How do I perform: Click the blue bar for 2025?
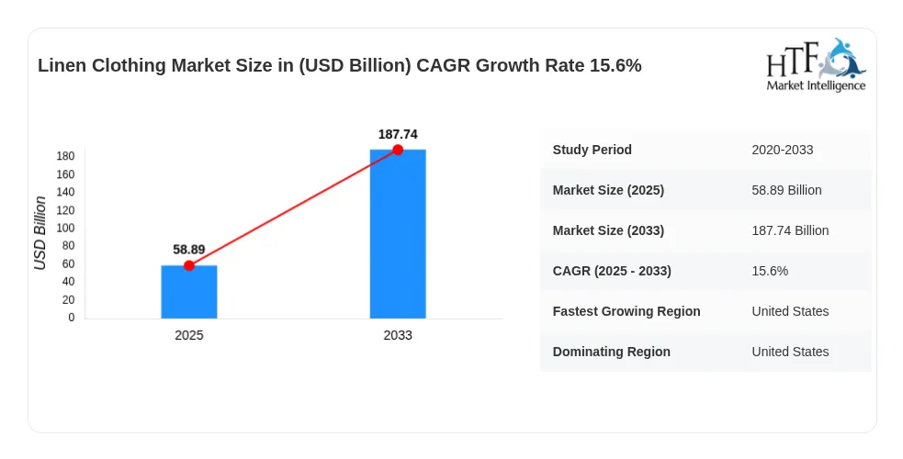click(x=189, y=292)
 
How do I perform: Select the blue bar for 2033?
click(x=398, y=233)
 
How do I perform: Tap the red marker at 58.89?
click(x=189, y=265)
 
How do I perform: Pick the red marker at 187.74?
click(x=398, y=150)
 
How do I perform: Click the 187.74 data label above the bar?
click(x=398, y=134)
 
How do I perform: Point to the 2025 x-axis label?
click(x=189, y=335)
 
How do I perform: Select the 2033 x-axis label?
click(x=398, y=335)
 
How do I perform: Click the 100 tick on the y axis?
click(x=65, y=228)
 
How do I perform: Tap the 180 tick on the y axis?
click(x=65, y=156)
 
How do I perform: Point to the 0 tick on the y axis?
click(x=72, y=318)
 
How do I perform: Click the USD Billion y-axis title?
click(x=40, y=233)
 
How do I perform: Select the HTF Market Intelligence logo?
click(x=816, y=65)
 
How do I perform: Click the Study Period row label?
click(x=592, y=150)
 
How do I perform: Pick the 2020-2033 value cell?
click(x=783, y=150)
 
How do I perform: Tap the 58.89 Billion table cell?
click(x=786, y=190)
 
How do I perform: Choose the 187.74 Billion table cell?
click(x=790, y=230)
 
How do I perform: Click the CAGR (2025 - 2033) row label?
click(x=612, y=271)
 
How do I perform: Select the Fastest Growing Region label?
click(x=626, y=311)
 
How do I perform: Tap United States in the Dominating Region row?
click(x=790, y=352)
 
